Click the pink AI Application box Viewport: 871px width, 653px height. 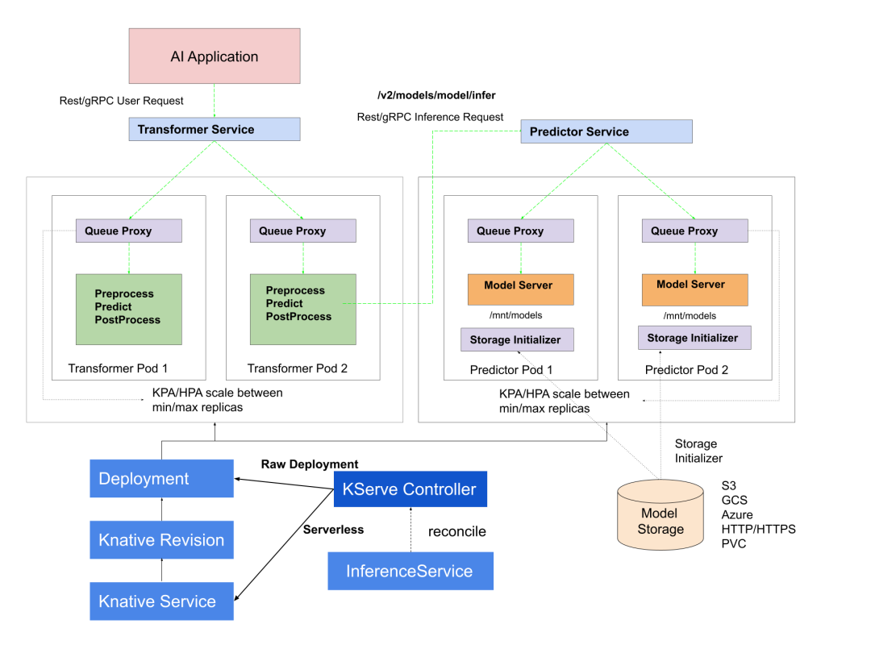click(x=215, y=57)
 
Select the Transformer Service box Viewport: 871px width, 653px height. click(x=215, y=129)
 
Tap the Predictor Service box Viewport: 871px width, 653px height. click(x=606, y=131)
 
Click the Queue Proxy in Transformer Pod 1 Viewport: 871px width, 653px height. click(x=129, y=231)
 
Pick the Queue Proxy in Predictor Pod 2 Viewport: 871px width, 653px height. click(x=695, y=231)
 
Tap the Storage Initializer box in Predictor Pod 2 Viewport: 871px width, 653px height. click(x=694, y=338)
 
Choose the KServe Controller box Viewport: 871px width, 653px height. click(x=410, y=489)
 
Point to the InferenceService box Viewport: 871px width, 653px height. click(x=410, y=571)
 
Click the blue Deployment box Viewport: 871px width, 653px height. click(x=161, y=479)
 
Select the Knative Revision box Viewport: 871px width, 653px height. click(x=161, y=540)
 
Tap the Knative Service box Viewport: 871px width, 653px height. click(x=161, y=601)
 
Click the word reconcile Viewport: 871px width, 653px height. click(x=456, y=532)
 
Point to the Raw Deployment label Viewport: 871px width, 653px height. click(x=310, y=464)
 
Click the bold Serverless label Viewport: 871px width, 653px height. click(x=333, y=530)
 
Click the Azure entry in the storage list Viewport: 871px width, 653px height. click(x=738, y=514)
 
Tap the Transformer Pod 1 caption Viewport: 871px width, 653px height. click(x=118, y=368)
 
